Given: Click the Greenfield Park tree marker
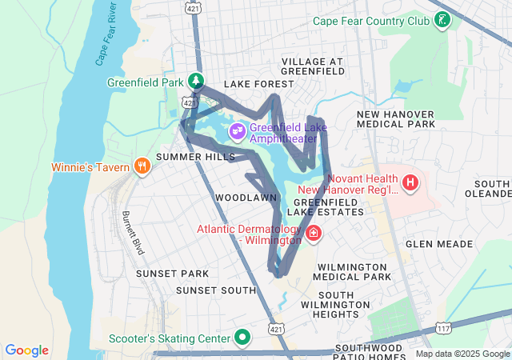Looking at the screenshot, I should [x=195, y=81].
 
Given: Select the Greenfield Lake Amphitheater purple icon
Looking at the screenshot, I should [x=237, y=130].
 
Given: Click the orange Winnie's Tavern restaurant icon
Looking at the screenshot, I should [x=142, y=166].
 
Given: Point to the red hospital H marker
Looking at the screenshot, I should [x=410, y=183].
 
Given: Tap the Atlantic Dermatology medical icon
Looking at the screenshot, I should [x=314, y=234].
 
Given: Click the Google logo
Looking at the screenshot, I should [x=27, y=350].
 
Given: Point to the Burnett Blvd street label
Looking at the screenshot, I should [x=133, y=233].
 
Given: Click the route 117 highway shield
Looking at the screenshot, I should [x=444, y=328].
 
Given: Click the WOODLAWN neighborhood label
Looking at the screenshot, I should [x=246, y=197].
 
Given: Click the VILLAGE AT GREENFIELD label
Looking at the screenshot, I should [x=312, y=66].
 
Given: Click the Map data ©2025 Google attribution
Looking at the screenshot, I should [x=462, y=354].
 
